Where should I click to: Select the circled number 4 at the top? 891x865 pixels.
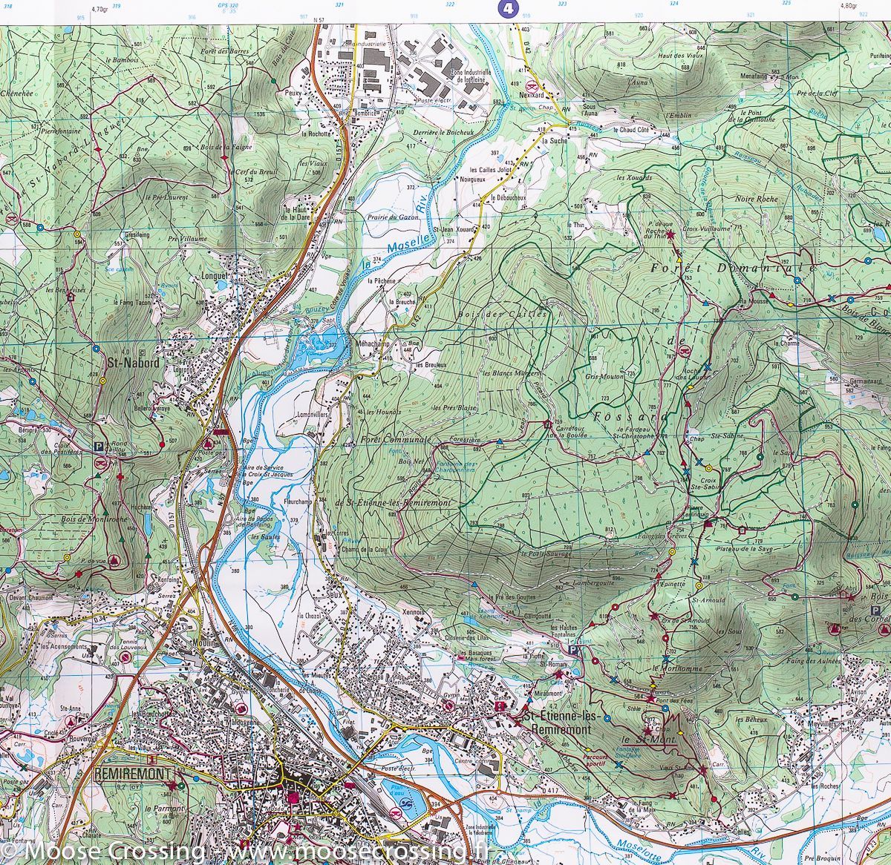[x=506, y=8]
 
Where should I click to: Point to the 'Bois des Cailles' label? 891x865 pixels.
[x=515, y=315]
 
